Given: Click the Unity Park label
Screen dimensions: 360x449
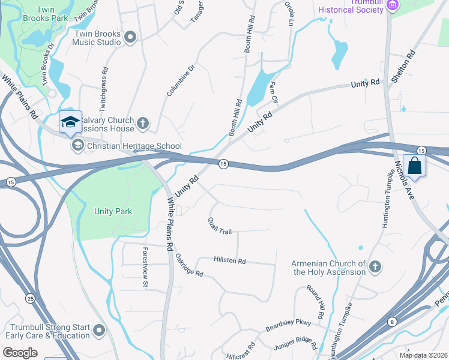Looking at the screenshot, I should (x=113, y=211).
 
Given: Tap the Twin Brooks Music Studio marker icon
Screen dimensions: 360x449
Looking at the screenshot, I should (x=131, y=38).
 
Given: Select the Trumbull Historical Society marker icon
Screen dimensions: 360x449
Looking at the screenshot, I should (x=393, y=5).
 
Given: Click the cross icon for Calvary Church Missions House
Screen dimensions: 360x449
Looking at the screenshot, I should (x=142, y=124).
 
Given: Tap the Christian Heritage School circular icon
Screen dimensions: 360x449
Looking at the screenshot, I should (x=77, y=146).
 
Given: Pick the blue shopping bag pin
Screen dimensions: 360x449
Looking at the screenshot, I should (x=414, y=165).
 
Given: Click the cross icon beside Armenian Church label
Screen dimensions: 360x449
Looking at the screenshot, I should (x=375, y=268).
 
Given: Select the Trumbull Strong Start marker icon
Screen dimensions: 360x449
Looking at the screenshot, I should (x=99, y=331).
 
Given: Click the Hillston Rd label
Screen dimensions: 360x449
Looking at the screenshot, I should (x=230, y=260).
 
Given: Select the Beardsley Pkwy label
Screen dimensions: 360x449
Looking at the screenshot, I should (x=289, y=326).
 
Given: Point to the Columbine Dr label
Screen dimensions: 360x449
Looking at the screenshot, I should (x=181, y=81).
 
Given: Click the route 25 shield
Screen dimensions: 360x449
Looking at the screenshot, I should (x=29, y=298).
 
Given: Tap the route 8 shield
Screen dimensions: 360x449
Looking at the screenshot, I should (x=391, y=322).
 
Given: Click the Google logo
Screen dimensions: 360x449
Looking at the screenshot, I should (x=20, y=353).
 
